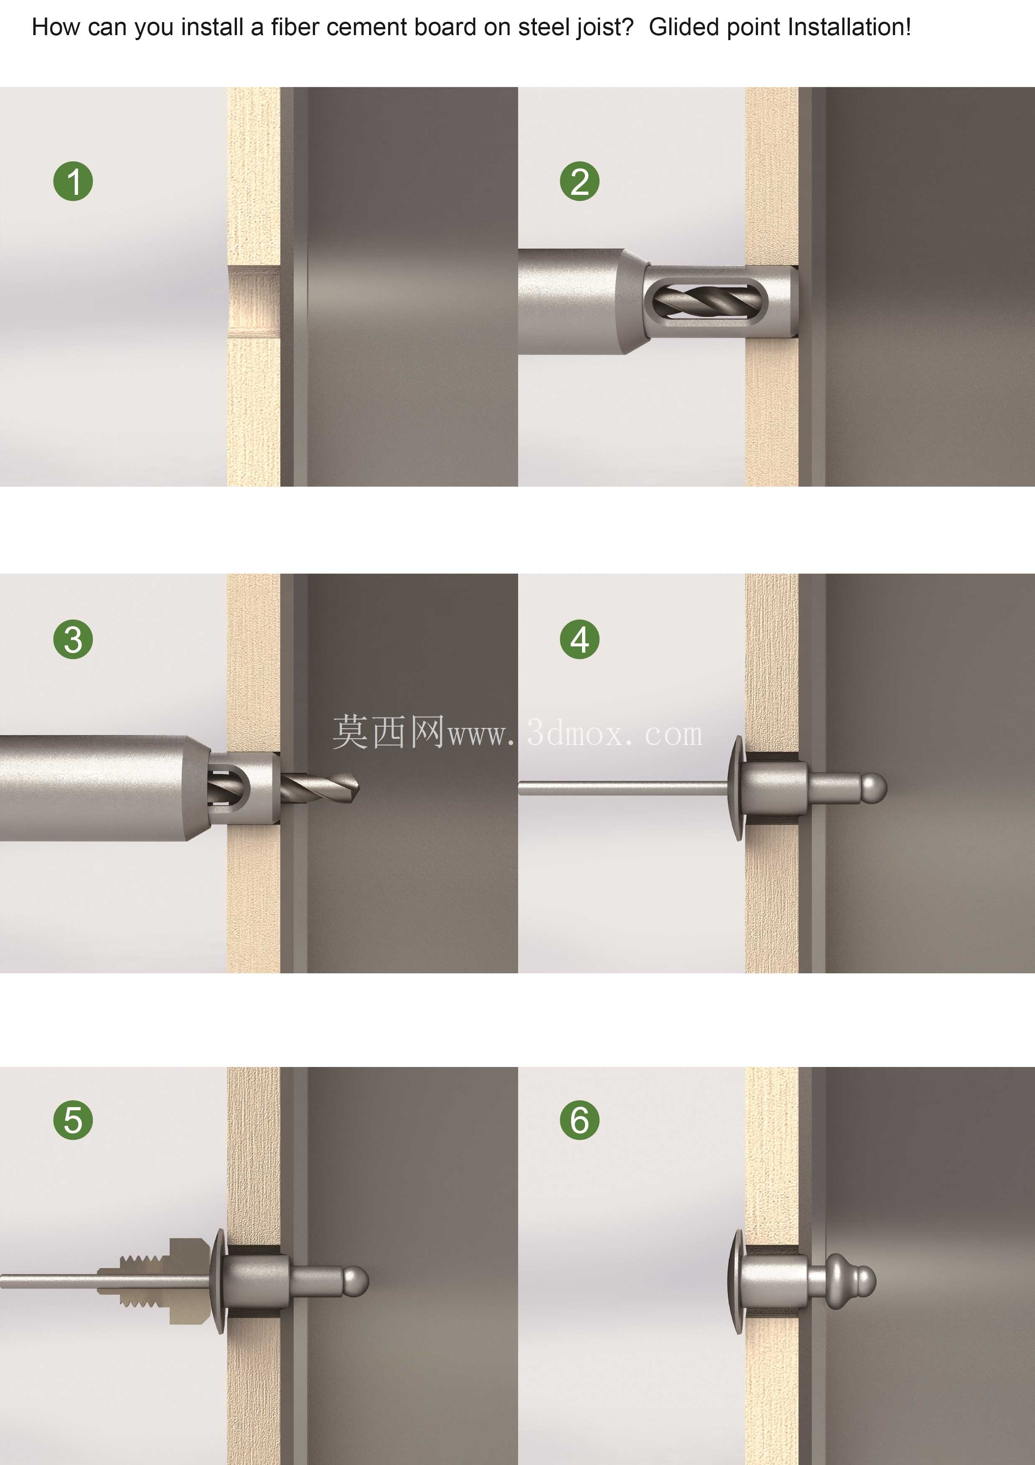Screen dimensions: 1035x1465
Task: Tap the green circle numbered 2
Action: point(580,181)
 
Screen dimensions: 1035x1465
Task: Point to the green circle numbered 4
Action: point(580,639)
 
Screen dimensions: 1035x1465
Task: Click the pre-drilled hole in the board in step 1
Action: point(254,301)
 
